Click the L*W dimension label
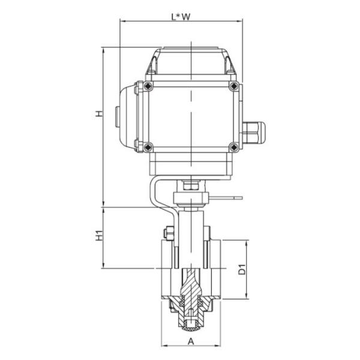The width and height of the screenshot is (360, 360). tap(181, 17)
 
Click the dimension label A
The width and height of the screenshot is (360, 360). tap(191, 341)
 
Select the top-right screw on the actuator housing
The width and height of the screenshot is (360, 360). tap(233, 88)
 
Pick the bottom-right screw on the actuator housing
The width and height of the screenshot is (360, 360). tap(233, 145)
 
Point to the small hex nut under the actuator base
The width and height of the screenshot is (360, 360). tap(191, 185)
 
